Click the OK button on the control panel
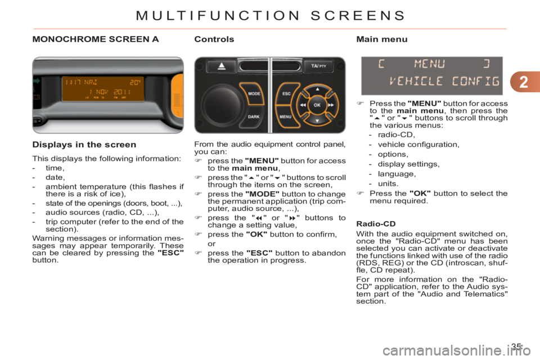(317, 105)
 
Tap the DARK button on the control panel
(254, 116)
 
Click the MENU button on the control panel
(286, 116)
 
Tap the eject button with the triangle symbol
(222, 66)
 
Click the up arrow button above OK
(317, 89)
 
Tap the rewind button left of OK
(303, 105)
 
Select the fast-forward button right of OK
(331, 105)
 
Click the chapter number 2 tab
(525, 82)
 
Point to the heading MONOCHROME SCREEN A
(96, 39)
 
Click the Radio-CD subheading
(376, 224)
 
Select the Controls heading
(214, 39)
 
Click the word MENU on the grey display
(429, 64)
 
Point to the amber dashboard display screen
(102, 88)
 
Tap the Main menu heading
(381, 39)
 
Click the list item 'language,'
(397, 174)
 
